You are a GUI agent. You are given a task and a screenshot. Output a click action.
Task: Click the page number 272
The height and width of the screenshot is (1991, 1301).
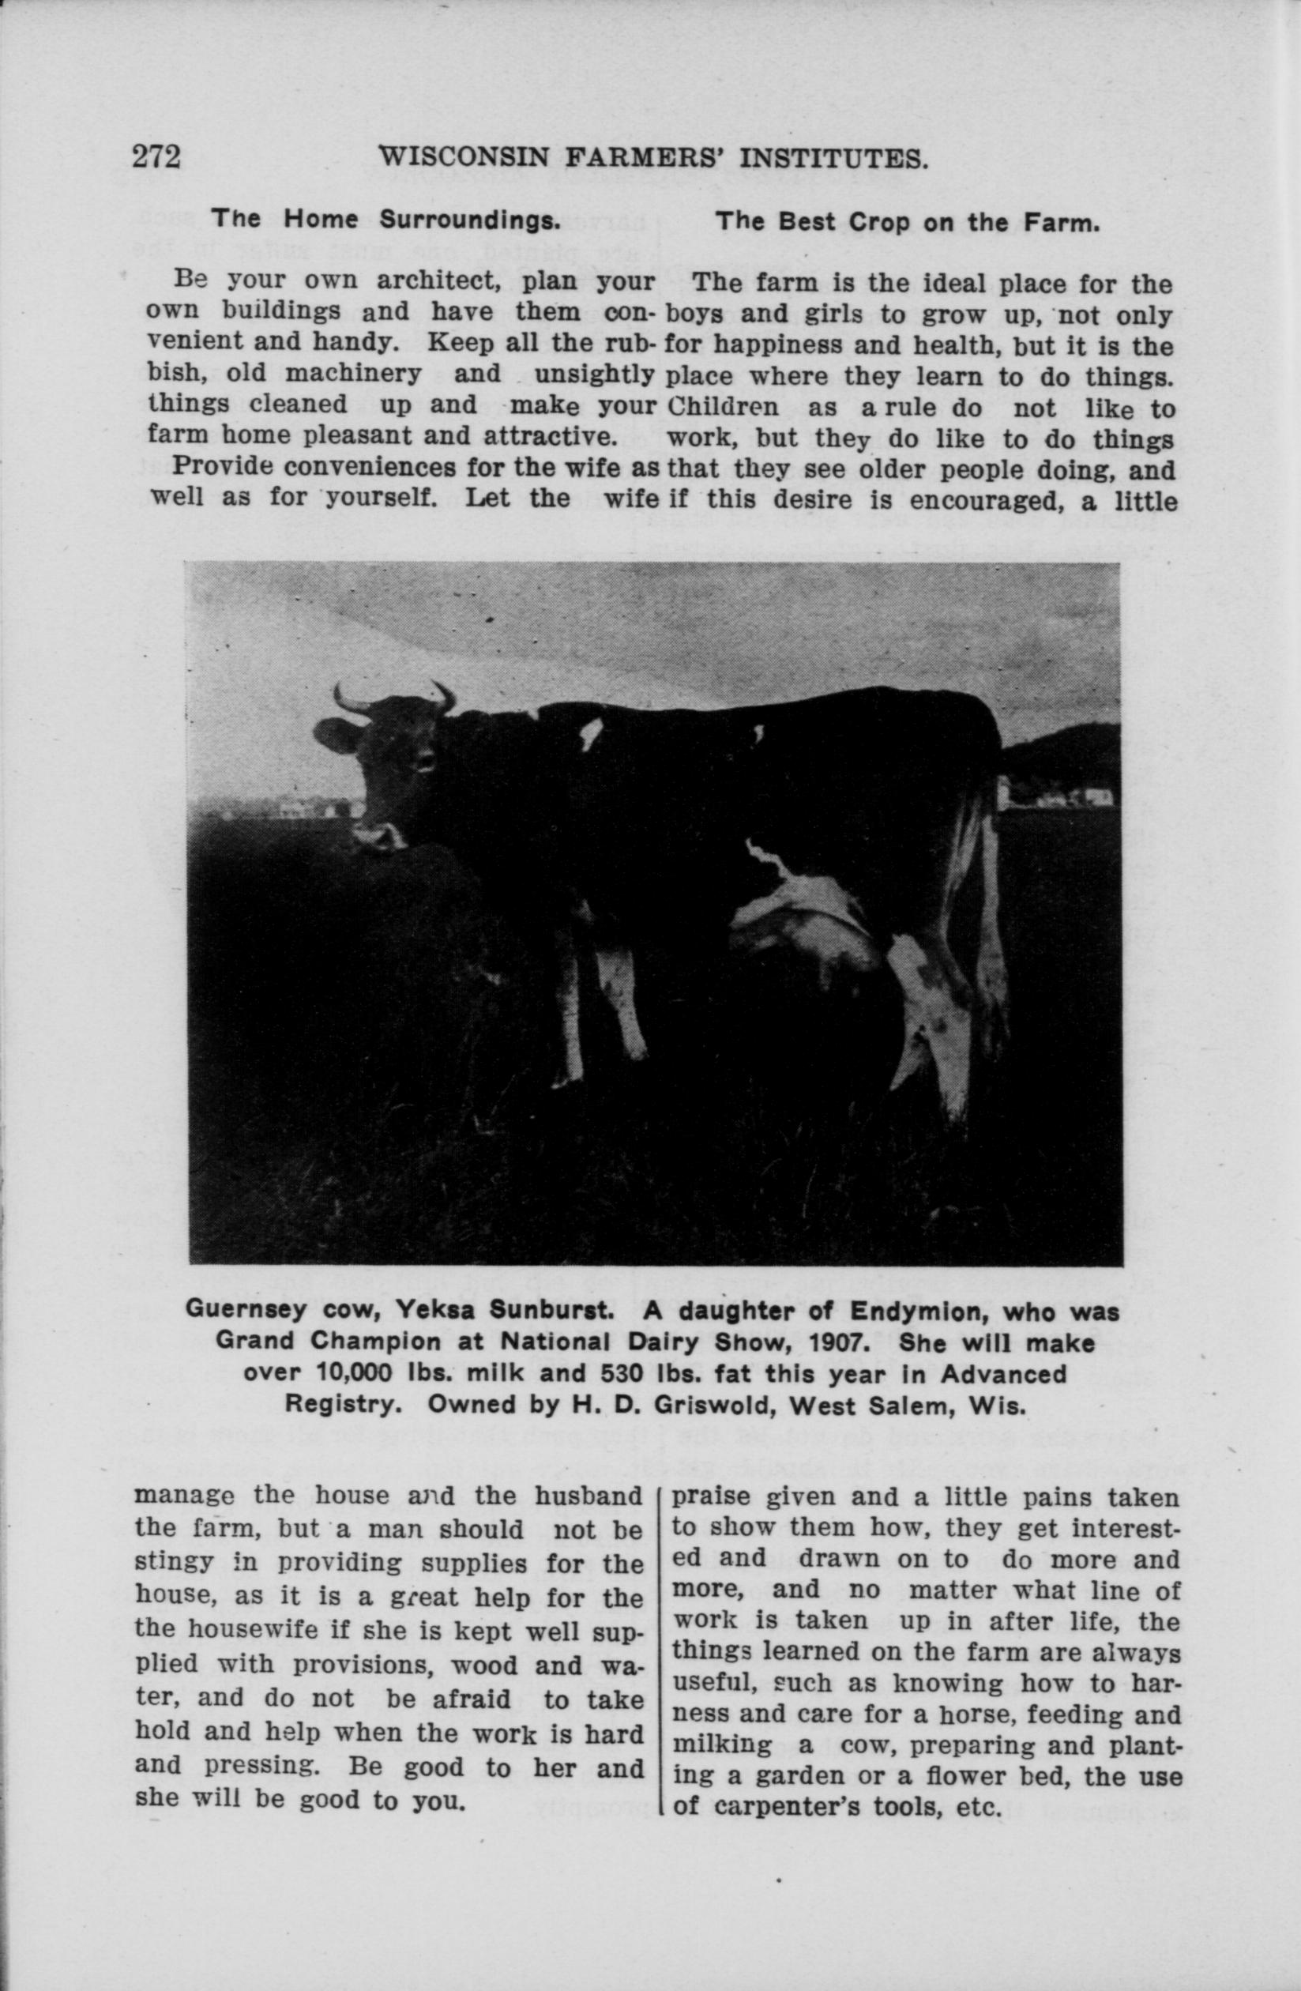(156, 156)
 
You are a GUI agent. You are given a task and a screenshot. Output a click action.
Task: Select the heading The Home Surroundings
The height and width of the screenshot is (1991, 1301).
(385, 220)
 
